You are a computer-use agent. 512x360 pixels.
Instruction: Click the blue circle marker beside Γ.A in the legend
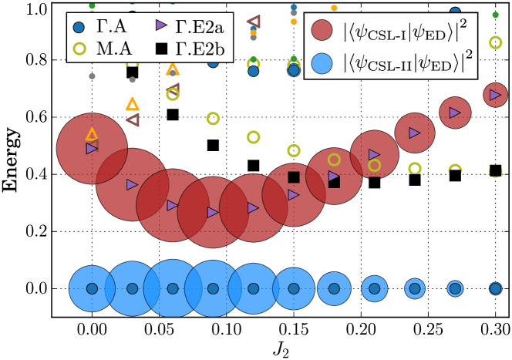coord(77,28)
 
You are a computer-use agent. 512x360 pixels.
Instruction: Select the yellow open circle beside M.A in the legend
coord(77,49)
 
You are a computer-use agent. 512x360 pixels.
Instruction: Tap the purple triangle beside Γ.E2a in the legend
coord(161,27)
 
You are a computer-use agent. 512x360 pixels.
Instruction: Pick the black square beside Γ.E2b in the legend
coord(161,49)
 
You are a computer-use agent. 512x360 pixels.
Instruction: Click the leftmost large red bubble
coord(92,148)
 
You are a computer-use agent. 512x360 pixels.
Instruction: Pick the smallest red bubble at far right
coord(494,96)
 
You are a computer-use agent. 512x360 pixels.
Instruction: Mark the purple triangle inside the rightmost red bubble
coord(494,96)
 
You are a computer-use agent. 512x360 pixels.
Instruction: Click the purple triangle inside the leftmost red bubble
coord(92,148)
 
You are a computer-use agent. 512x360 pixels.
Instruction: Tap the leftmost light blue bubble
coord(92,288)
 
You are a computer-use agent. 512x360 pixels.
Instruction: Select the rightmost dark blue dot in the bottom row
coord(494,288)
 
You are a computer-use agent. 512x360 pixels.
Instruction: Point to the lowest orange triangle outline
coord(92,134)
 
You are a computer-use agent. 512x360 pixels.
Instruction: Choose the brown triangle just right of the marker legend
coord(252,22)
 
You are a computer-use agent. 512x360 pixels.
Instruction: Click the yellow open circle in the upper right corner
coord(495,43)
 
